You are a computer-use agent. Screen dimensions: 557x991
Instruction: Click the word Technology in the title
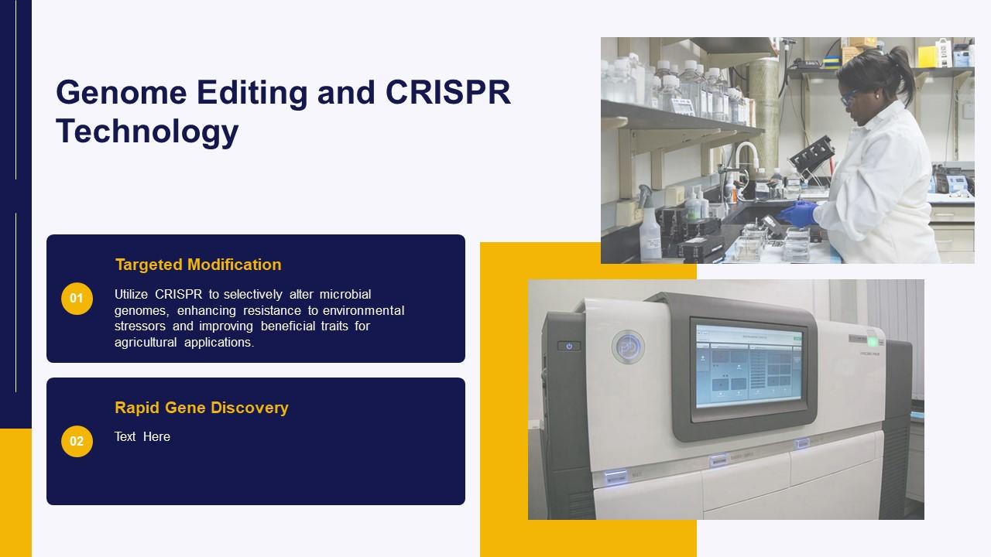(x=147, y=131)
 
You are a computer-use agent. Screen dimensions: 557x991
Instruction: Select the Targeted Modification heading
(x=198, y=265)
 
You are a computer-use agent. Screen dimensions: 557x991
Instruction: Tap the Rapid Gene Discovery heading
(x=201, y=408)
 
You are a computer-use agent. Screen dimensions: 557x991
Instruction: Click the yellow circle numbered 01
(x=77, y=299)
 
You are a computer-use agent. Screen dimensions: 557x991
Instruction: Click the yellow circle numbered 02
(x=77, y=442)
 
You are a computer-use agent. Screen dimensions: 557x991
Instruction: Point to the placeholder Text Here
(x=142, y=437)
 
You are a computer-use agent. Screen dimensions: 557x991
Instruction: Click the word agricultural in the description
(x=146, y=342)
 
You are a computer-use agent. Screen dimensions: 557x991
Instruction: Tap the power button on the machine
(x=569, y=346)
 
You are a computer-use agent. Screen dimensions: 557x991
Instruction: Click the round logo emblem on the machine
(x=628, y=347)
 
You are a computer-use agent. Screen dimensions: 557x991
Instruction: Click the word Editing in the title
(x=252, y=92)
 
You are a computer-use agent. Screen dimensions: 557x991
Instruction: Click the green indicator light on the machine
(x=873, y=341)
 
